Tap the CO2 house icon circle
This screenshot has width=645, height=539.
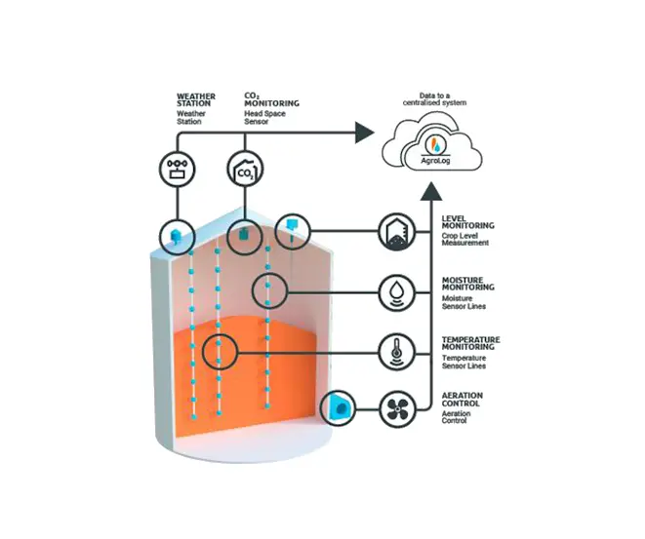coord(243,169)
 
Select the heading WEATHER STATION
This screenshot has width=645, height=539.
coord(195,99)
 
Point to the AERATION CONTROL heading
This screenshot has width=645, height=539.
coord(464,400)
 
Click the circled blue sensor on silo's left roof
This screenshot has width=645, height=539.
coord(177,233)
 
